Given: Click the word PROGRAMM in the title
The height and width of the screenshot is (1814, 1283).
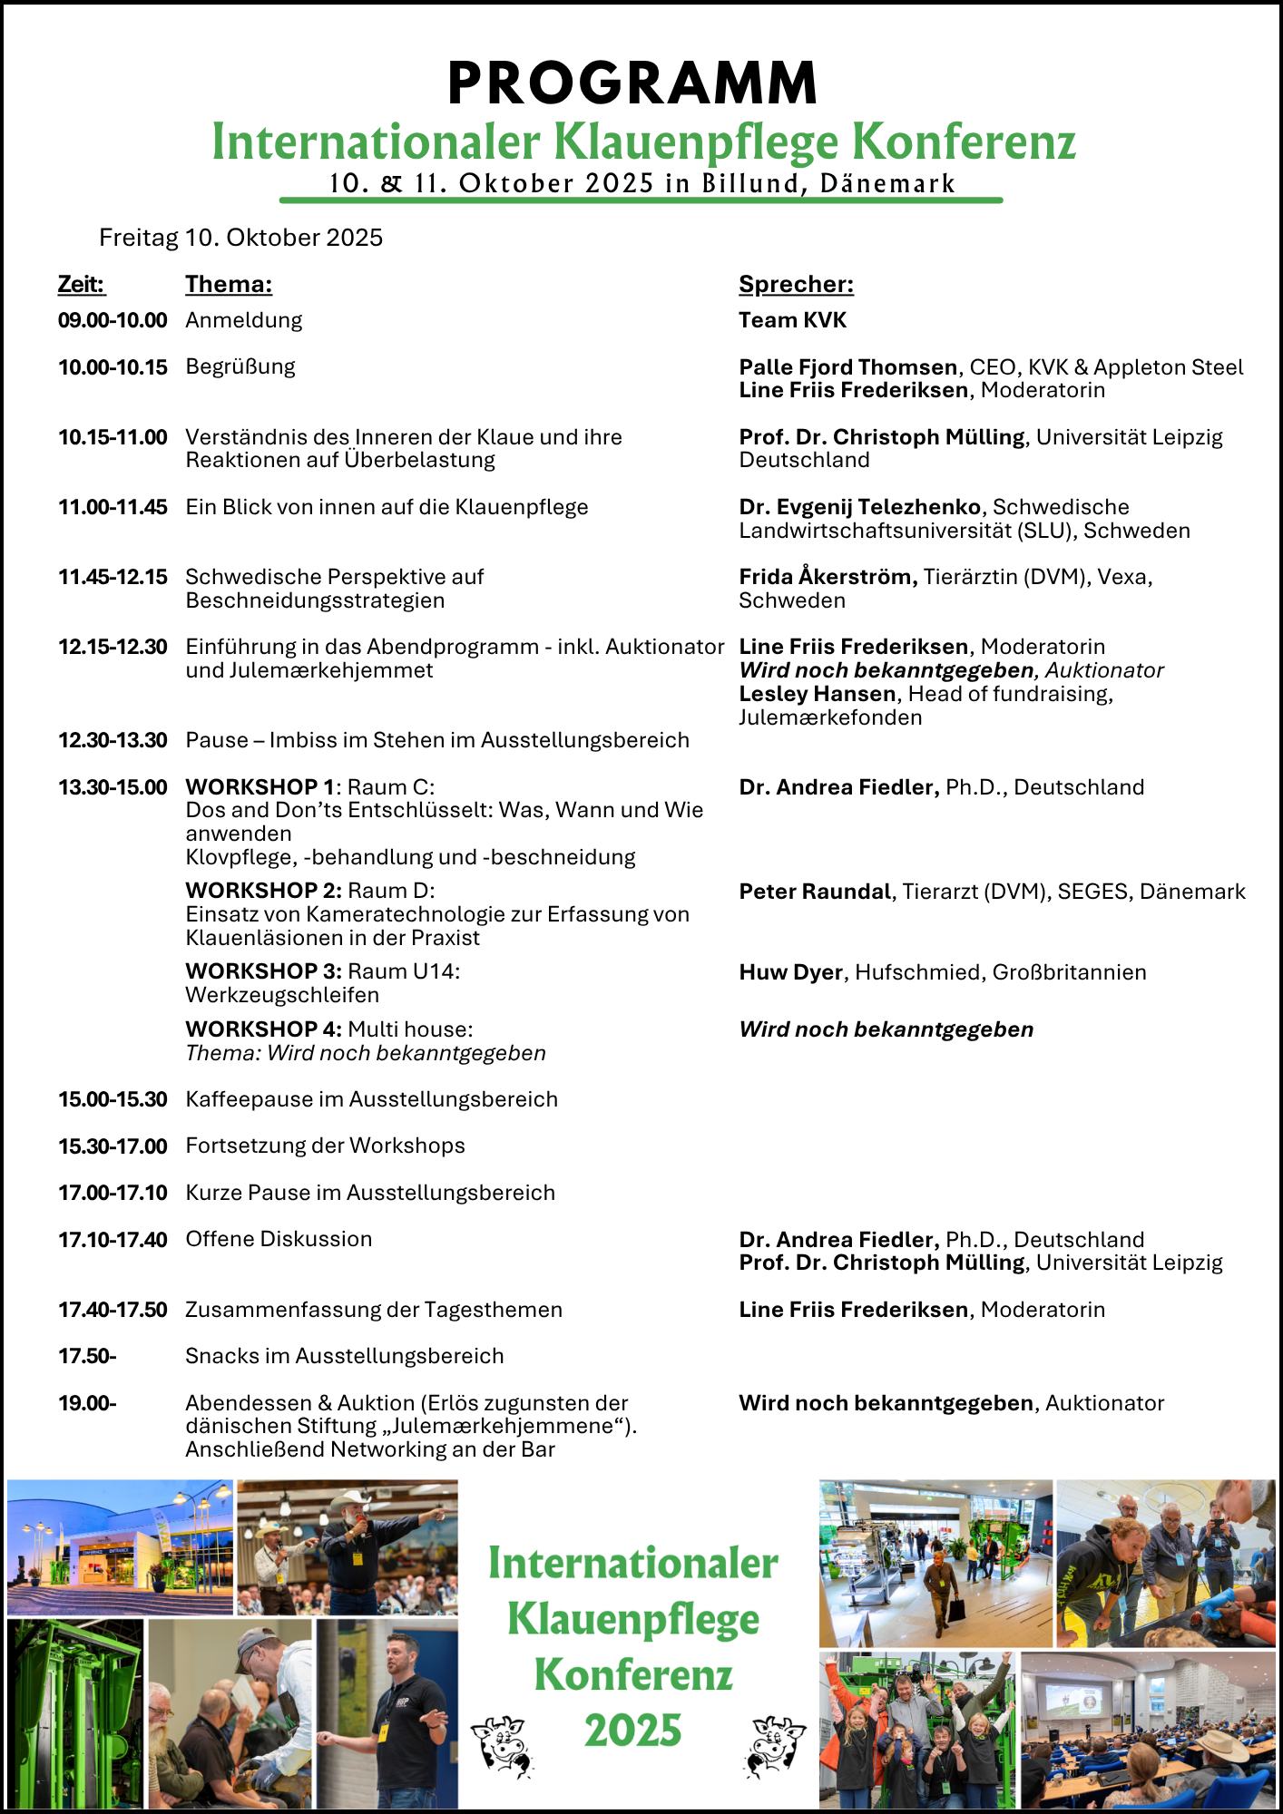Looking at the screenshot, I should (x=632, y=83).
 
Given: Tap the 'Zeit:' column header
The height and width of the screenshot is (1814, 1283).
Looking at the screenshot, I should (x=82, y=285).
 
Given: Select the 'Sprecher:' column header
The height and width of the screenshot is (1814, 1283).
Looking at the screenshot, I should (x=796, y=285).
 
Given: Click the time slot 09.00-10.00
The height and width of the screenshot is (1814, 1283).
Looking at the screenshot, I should (x=113, y=320).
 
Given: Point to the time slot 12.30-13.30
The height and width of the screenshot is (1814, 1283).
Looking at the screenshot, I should (x=113, y=740).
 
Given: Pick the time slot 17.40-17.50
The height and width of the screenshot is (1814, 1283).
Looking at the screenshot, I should (x=113, y=1310).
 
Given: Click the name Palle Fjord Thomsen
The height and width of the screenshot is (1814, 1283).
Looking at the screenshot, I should (x=847, y=367).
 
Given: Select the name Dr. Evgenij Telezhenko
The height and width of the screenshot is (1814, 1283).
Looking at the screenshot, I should (x=859, y=507).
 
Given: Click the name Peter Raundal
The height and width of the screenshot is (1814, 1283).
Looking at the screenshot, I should (x=815, y=892).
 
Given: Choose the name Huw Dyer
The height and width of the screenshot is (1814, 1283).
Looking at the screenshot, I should (x=790, y=972).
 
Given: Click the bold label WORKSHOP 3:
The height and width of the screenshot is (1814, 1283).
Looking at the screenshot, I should (x=263, y=971).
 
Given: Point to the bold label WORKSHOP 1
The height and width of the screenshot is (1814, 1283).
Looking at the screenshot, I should (x=260, y=787).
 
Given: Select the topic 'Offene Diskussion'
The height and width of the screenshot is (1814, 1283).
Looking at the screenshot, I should (x=279, y=1239).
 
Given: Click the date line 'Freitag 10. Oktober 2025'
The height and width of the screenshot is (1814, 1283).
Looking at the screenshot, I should (x=240, y=238).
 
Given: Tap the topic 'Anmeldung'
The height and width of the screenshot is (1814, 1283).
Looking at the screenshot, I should (x=244, y=320).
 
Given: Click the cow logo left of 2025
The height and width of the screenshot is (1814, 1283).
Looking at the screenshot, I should (x=501, y=1745).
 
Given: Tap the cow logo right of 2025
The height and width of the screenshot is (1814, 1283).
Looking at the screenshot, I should (x=774, y=1745).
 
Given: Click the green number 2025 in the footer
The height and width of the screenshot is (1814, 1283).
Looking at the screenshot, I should (x=632, y=1731).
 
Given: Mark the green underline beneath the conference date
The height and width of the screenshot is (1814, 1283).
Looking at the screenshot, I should (x=641, y=200).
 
